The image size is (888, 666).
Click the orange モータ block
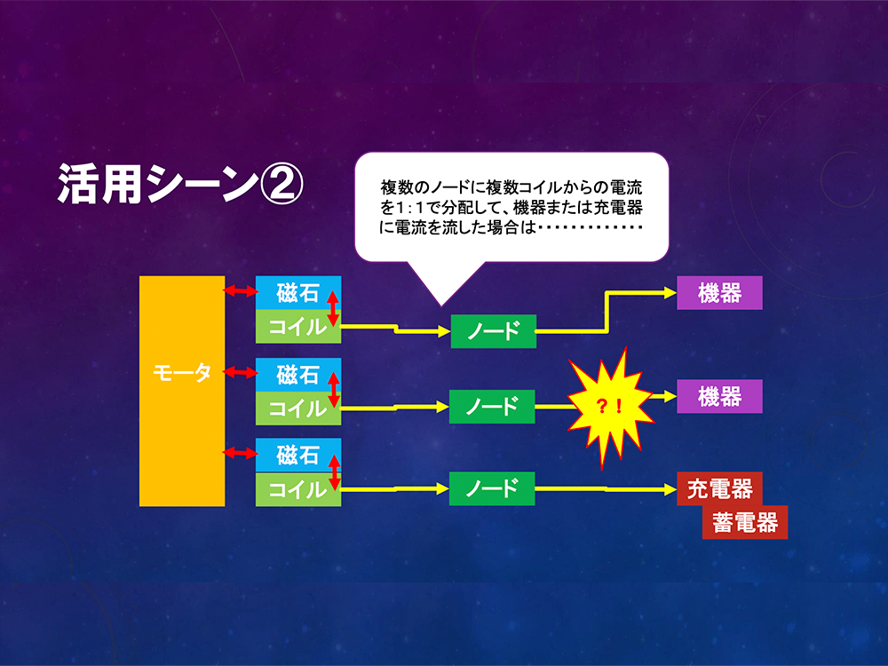tap(182, 391)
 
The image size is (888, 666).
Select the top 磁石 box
tap(297, 293)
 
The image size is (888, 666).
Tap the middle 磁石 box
tap(297, 375)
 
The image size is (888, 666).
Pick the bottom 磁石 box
tap(297, 455)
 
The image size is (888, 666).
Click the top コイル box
tap(297, 326)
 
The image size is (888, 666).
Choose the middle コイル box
tap(297, 408)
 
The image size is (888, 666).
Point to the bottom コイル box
tap(297, 489)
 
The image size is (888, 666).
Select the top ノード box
tap(493, 331)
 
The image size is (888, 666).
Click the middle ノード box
tap(492, 407)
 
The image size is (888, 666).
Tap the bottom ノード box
tap(492, 488)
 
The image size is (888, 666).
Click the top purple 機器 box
tap(720, 293)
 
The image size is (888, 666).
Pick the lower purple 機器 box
tap(720, 396)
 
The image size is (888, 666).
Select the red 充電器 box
tap(720, 488)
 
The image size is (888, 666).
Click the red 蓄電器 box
tap(745, 522)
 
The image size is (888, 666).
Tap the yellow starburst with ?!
tap(611, 406)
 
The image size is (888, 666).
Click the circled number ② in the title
tap(281, 184)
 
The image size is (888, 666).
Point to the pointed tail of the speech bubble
tap(441, 305)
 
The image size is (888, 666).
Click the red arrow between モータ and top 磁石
tap(240, 291)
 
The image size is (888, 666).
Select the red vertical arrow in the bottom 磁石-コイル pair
tap(335, 472)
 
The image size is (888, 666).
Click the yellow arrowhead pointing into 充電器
tap(670, 488)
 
